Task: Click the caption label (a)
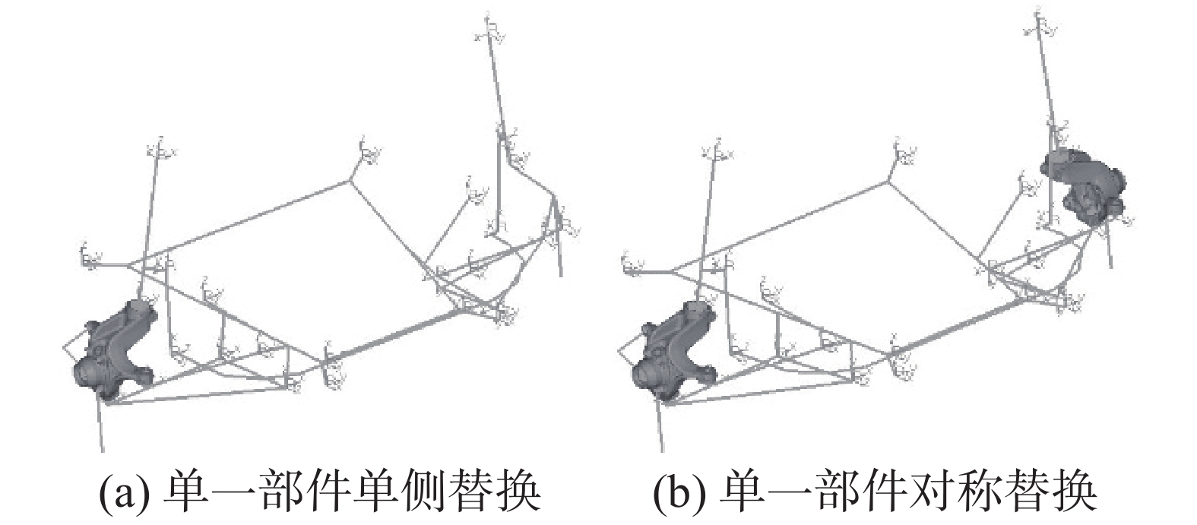tap(122, 492)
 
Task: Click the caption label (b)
tap(678, 492)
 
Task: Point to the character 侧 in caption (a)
tap(429, 492)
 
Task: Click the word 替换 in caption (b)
tap(1068, 492)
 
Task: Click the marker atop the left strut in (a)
tap(161, 150)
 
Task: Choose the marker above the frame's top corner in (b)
tap(905, 153)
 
